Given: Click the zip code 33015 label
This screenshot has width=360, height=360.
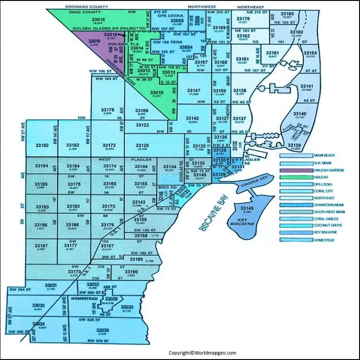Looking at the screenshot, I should [x=100, y=19].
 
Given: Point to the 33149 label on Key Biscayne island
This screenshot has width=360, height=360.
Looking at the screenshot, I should [x=247, y=208].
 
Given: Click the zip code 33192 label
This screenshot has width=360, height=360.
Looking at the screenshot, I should [x=42, y=146].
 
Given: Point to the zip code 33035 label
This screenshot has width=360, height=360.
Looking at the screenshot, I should [x=102, y=330].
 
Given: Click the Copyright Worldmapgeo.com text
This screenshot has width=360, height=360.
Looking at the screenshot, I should [x=202, y=352].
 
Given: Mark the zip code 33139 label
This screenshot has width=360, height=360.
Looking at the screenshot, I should [x=294, y=146].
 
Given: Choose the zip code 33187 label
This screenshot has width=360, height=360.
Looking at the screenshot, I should [x=41, y=246].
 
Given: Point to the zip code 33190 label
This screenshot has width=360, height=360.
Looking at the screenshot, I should [x=131, y=272].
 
